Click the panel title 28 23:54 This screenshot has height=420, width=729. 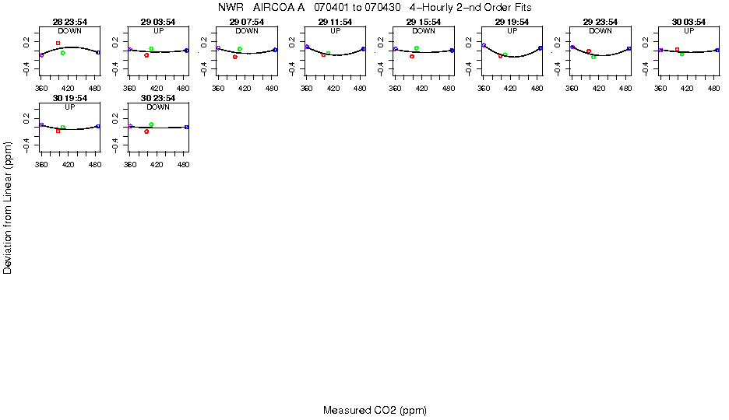[69, 22]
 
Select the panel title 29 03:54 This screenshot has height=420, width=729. [158, 22]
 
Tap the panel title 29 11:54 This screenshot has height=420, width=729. [335, 22]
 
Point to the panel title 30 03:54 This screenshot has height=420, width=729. [688, 22]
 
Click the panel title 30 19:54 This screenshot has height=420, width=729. [69, 99]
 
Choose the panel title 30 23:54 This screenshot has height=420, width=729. [158, 99]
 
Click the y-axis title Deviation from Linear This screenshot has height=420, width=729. [8, 207]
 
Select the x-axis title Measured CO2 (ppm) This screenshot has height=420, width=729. [375, 410]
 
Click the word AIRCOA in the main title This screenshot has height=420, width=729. [274, 7]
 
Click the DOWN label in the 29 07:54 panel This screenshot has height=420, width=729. [247, 31]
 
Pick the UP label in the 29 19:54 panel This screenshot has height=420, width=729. [512, 31]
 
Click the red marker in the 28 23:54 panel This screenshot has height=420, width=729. [58, 43]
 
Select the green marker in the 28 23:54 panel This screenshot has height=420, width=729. [62, 53]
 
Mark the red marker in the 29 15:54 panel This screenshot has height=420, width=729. [411, 56]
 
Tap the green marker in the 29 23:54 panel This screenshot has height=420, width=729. [593, 57]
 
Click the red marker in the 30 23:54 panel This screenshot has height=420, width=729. [146, 131]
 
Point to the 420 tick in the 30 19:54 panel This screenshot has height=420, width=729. [69, 166]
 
